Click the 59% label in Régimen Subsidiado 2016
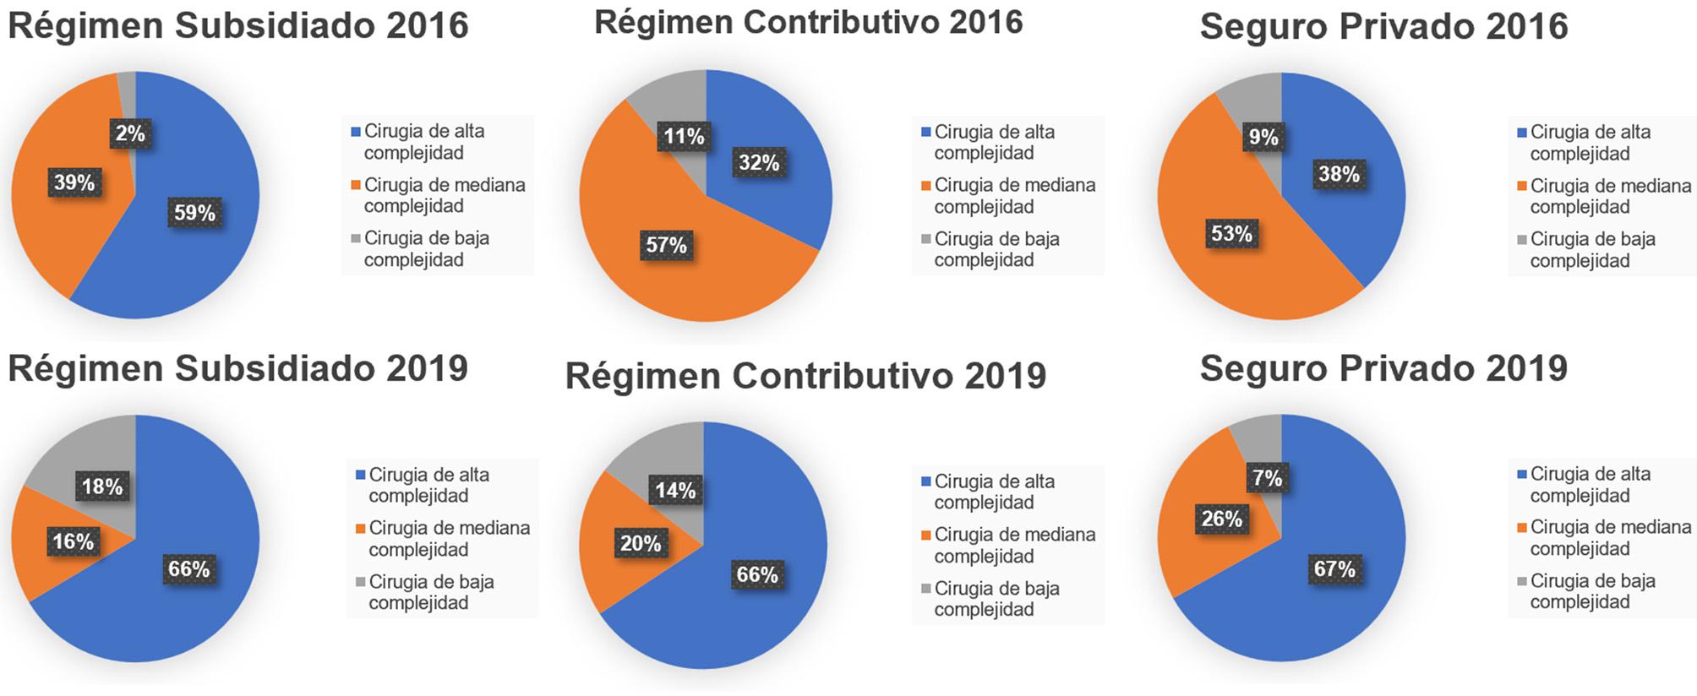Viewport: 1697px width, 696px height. coord(195,213)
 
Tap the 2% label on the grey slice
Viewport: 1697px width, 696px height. coord(130,133)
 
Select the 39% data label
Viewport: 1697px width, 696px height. coord(74,182)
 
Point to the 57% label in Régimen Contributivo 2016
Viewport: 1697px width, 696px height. coord(666,246)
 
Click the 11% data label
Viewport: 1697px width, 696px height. coord(684,137)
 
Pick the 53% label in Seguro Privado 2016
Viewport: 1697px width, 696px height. coord(1231,234)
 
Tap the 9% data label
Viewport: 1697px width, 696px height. coord(1263,138)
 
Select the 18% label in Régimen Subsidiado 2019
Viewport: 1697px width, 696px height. coord(102,487)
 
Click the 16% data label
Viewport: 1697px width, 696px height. coord(74,541)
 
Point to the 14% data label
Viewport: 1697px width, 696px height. coord(675,491)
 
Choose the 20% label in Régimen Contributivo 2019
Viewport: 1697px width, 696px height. coord(641,544)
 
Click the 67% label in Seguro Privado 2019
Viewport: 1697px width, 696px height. coord(1334,569)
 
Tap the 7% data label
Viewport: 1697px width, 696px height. coord(1268,479)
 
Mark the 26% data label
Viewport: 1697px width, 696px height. coord(1222,519)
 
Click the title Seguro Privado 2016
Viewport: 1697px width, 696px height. coord(1383,26)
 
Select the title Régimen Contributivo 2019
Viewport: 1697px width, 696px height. coord(805,376)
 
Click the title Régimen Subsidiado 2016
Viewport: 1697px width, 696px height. coord(238,25)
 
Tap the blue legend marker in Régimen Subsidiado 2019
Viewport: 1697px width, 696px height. coord(361,476)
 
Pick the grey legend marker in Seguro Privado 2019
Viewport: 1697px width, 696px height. coord(1522,581)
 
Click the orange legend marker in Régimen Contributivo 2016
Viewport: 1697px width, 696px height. coord(926,186)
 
